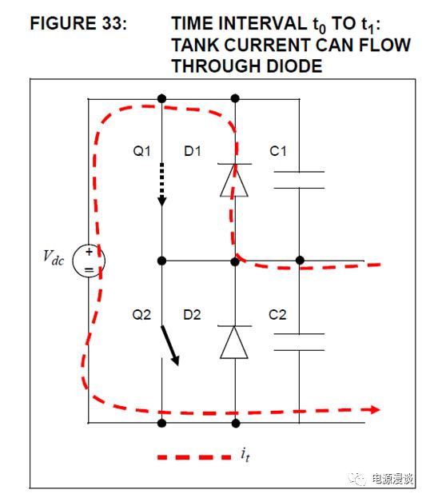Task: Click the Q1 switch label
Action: [x=141, y=151]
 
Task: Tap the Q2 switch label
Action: [x=141, y=315]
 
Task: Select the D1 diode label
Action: [x=193, y=151]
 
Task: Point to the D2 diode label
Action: [x=192, y=315]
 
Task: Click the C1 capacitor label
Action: [x=278, y=151]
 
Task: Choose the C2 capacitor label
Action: [x=277, y=315]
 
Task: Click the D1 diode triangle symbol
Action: [x=234, y=180]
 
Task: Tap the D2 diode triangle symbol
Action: [x=234, y=342]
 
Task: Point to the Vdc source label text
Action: [x=54, y=257]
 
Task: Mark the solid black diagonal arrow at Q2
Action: [x=170, y=345]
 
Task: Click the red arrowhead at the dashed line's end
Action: [x=375, y=410]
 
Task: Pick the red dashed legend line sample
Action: [x=194, y=457]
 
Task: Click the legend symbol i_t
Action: [x=245, y=455]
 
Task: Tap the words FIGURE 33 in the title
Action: [x=78, y=23]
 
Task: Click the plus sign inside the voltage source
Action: [x=89, y=252]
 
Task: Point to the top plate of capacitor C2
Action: [x=299, y=334]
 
